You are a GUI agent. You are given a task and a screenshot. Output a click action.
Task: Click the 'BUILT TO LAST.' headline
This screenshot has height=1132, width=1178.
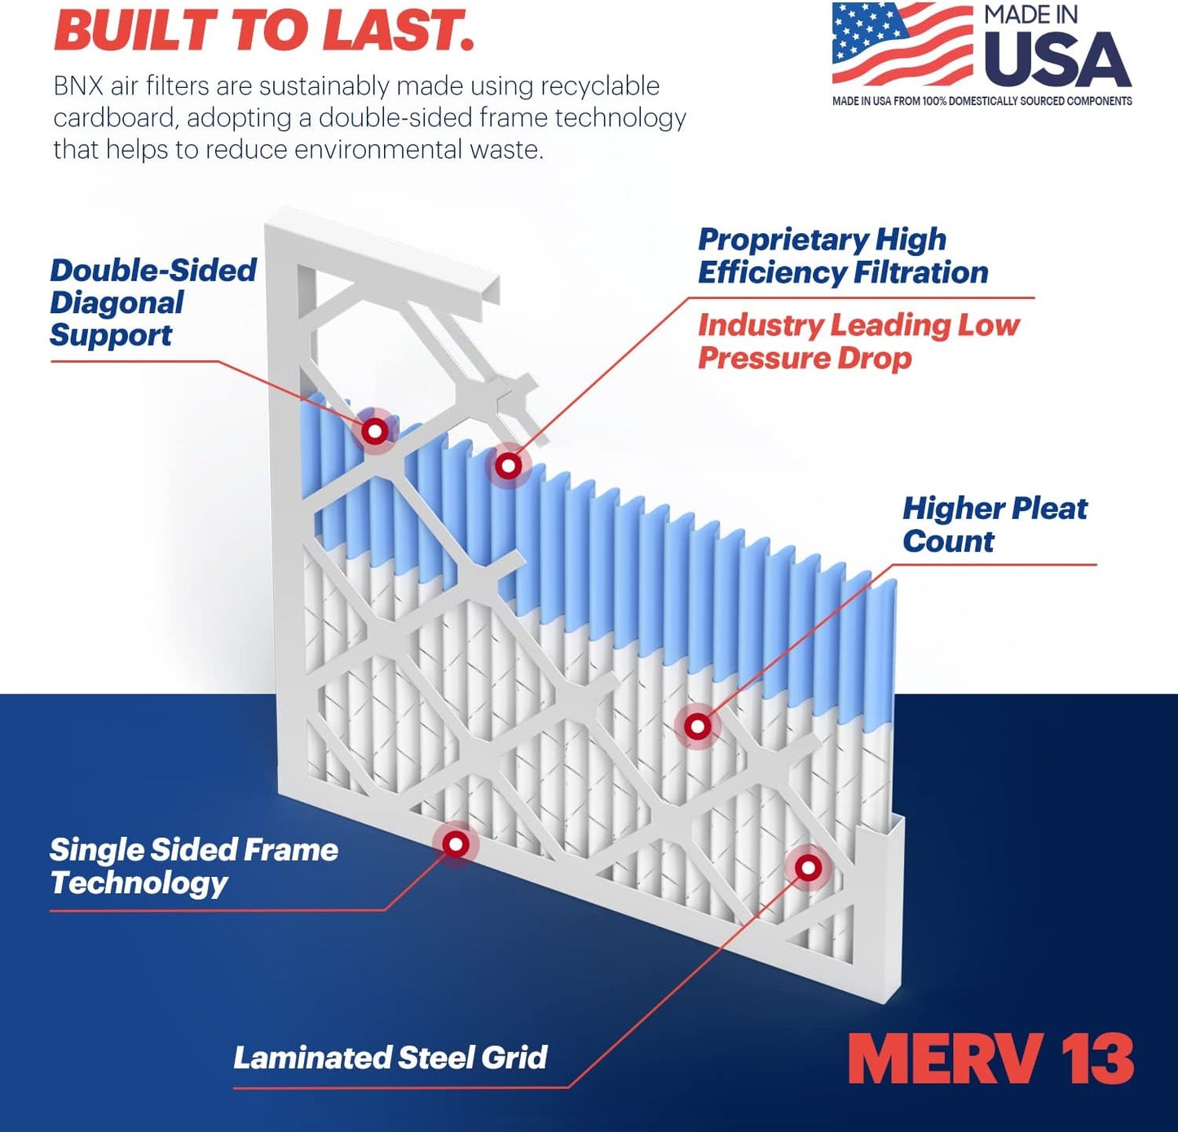point(263,31)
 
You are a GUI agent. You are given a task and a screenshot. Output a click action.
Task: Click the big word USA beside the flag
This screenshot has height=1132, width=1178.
point(1057,61)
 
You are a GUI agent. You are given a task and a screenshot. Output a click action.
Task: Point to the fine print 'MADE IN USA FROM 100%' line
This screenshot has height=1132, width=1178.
point(982,101)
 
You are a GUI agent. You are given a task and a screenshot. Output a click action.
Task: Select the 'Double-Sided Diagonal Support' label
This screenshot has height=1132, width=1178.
point(152,302)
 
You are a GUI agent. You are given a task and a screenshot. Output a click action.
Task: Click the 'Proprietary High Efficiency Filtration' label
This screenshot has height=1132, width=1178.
point(842,256)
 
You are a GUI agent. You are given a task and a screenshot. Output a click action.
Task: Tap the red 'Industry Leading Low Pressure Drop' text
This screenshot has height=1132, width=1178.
point(858,341)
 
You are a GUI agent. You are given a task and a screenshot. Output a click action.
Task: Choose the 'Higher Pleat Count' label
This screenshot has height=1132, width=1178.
point(994,524)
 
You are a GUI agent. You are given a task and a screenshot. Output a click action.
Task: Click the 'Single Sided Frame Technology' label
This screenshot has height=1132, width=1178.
point(193,866)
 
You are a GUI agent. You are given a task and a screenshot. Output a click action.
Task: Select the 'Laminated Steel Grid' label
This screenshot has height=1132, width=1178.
point(390,1057)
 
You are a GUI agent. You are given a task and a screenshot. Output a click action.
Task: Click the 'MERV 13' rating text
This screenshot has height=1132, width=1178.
point(990,1059)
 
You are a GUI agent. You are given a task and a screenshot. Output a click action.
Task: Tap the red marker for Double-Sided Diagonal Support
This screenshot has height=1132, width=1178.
point(375,430)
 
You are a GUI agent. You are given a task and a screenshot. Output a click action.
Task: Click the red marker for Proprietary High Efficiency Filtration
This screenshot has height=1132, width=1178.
point(509,466)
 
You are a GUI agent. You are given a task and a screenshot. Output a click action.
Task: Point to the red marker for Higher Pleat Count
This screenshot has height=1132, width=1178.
point(697,726)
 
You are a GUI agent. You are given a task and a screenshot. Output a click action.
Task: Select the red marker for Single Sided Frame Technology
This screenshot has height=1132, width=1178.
point(456,843)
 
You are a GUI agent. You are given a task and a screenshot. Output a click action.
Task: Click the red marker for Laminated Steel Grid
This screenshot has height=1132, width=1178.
point(808,867)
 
